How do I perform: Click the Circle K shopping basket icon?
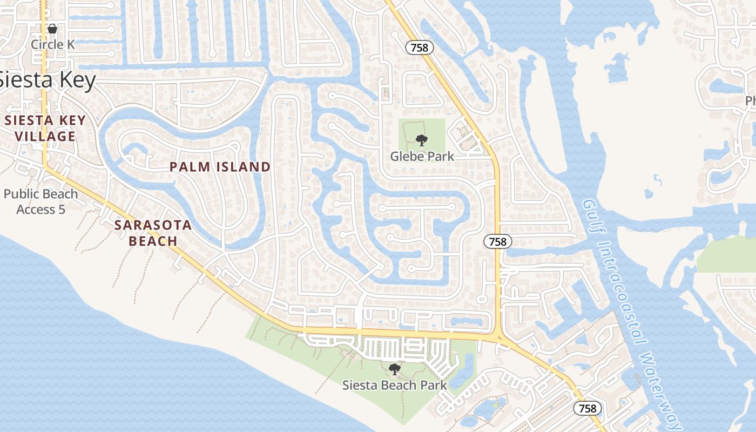click(x=52, y=29)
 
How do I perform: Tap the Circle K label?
click(x=52, y=44)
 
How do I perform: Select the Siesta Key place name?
click(x=48, y=80)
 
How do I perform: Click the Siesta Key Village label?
click(x=45, y=128)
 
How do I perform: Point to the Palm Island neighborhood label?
click(x=220, y=167)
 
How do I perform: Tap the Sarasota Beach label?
click(x=153, y=233)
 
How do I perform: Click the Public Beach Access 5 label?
click(x=41, y=201)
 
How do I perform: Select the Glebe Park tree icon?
click(x=422, y=140)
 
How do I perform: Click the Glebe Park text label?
click(x=422, y=156)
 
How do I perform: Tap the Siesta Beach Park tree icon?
click(x=395, y=369)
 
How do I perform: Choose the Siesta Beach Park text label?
click(x=395, y=385)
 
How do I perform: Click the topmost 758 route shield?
click(x=419, y=48)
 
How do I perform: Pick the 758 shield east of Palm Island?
click(x=497, y=241)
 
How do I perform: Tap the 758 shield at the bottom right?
click(x=587, y=408)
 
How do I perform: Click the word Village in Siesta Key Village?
click(x=45, y=136)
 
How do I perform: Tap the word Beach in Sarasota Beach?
click(x=153, y=241)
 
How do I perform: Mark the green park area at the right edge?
click(x=726, y=254)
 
